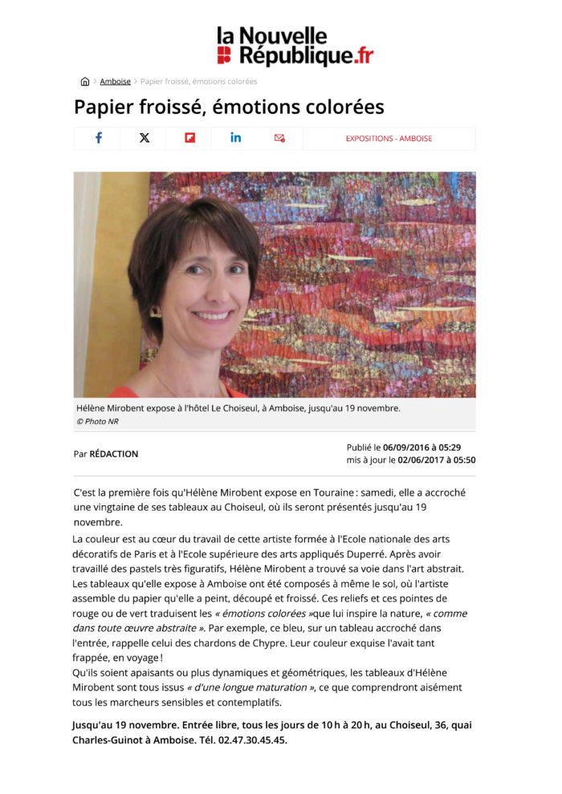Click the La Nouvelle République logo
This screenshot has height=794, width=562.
click(295, 47)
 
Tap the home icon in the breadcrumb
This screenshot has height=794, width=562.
click(85, 81)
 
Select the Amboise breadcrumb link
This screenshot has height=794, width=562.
click(115, 81)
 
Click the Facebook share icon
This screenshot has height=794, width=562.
click(98, 138)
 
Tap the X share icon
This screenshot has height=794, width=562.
click(144, 138)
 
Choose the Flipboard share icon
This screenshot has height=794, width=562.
click(189, 138)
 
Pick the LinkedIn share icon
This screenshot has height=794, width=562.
click(235, 138)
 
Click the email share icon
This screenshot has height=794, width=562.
click(279, 138)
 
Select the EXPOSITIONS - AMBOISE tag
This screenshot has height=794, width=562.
click(389, 139)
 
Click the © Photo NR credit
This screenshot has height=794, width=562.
click(97, 421)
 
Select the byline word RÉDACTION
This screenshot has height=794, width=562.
click(114, 454)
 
